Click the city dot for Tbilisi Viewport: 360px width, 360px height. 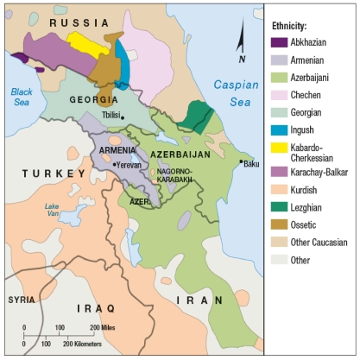click(x=123, y=117)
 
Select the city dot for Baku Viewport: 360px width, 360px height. click(x=241, y=161)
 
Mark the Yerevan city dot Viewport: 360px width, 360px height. click(x=113, y=164)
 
